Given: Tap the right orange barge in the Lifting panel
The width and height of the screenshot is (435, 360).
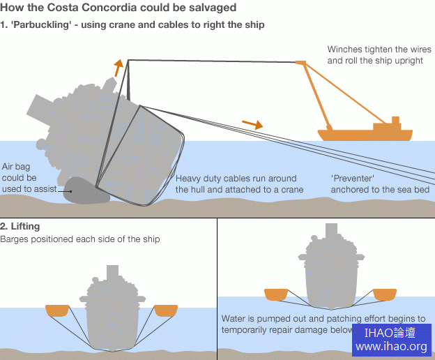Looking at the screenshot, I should click(167, 310).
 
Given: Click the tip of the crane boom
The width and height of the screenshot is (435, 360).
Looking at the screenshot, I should click(300, 63).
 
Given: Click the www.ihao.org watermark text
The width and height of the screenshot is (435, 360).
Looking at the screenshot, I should click(391, 347).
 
